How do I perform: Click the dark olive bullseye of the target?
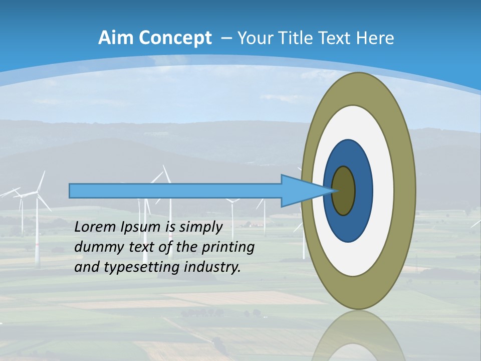(344, 191)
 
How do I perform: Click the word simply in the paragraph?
(200, 227)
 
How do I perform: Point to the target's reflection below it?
(358, 338)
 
